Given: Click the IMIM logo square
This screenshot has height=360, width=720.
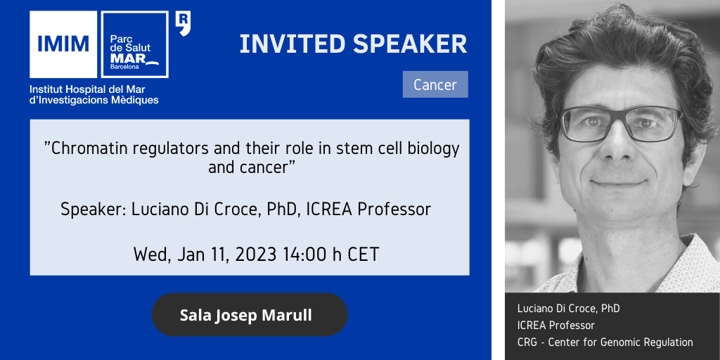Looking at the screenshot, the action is point(63,44).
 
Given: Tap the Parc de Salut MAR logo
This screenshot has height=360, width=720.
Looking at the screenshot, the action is point(134,44).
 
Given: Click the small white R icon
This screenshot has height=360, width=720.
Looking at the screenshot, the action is point(183,24).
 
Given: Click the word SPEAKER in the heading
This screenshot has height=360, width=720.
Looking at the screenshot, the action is point(410,44).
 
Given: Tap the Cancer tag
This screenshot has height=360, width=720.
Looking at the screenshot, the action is point(435,84).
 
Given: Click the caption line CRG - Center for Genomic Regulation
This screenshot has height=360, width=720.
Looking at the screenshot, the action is point(605,342).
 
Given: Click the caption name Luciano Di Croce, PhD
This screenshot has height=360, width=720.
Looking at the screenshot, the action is point(568,309).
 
